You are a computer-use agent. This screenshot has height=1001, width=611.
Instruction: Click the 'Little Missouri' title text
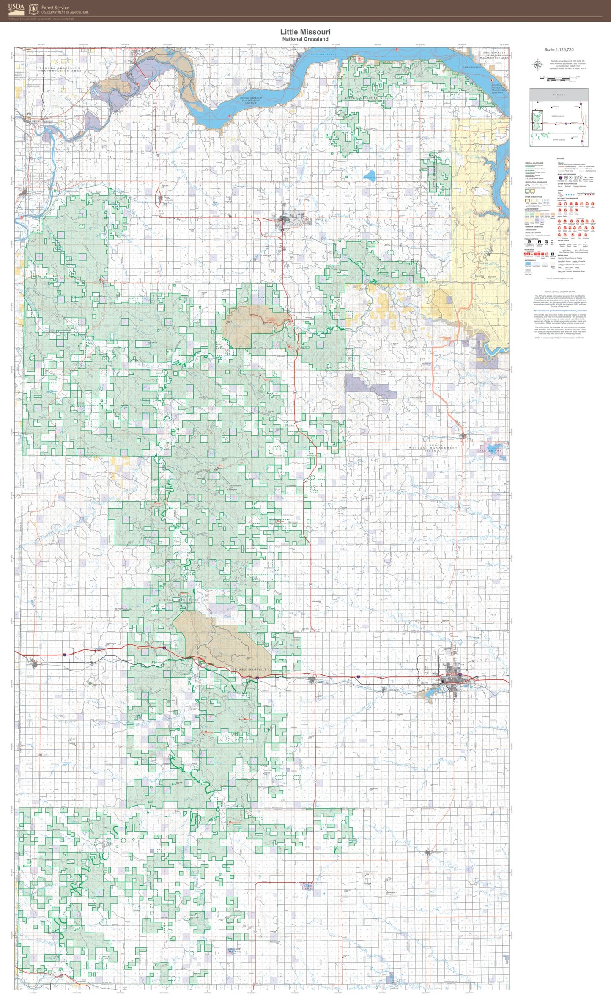click(x=305, y=32)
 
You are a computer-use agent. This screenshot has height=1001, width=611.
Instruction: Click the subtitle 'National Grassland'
click(x=305, y=39)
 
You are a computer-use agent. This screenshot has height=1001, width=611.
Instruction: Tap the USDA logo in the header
click(x=16, y=8)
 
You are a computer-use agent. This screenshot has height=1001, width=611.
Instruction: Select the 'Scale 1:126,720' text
click(x=559, y=49)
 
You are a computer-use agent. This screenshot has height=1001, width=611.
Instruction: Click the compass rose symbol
click(x=537, y=65)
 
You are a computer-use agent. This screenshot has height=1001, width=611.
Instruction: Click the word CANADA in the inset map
click(x=559, y=95)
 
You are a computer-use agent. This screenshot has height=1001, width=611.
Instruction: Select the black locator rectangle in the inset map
click(x=537, y=120)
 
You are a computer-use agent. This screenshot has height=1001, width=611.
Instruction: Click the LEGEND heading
click(x=559, y=158)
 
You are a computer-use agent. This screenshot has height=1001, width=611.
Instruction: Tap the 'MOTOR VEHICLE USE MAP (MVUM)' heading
click(x=559, y=292)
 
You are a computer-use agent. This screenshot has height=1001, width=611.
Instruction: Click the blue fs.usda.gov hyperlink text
click(x=559, y=311)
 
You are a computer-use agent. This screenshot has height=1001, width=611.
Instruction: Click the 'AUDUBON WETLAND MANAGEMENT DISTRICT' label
click(x=434, y=447)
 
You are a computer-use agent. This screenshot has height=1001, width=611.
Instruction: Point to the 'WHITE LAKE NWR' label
click(x=307, y=886)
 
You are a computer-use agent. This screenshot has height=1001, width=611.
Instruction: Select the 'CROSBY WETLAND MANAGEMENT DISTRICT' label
click(x=251, y=101)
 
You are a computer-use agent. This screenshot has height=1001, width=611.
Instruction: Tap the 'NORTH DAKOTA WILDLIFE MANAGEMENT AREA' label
click(x=494, y=55)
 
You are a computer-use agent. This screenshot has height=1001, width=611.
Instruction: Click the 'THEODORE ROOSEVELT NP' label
click(x=250, y=669)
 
